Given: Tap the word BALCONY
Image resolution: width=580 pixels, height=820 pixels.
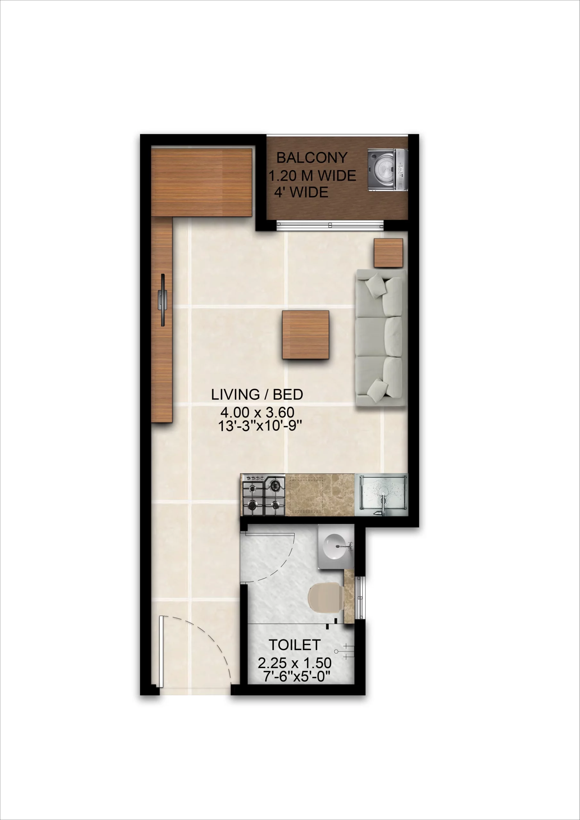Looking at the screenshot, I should click(x=311, y=158).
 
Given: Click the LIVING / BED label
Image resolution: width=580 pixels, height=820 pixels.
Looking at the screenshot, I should click(x=257, y=394).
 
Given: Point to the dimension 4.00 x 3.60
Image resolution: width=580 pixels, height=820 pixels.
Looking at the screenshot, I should click(x=257, y=412).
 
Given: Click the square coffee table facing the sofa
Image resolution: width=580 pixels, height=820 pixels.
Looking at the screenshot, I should click(x=306, y=335).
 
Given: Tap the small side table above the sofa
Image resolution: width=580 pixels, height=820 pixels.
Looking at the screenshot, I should click(x=388, y=253).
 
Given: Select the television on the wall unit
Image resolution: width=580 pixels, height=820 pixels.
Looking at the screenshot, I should click(x=162, y=300).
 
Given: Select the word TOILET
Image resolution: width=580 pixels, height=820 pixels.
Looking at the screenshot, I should click(x=294, y=645).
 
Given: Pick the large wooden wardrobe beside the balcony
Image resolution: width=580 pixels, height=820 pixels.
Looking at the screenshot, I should click(x=202, y=183).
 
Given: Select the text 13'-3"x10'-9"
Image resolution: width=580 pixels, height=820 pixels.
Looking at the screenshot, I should click(x=260, y=426).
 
